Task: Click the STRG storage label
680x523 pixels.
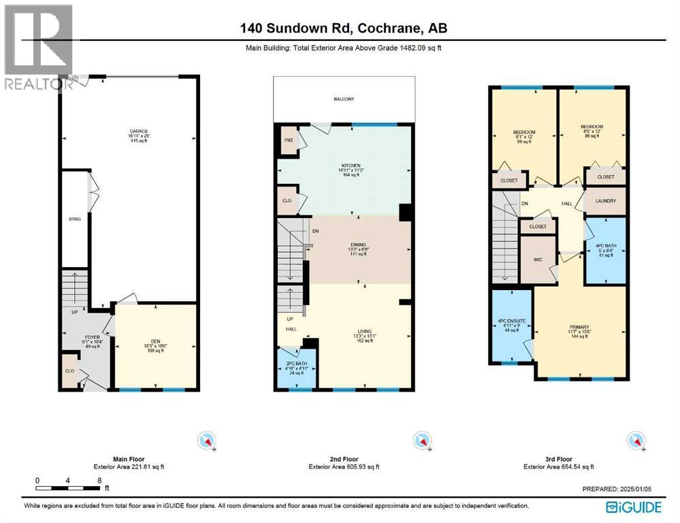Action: pyautogui.click(x=74, y=219)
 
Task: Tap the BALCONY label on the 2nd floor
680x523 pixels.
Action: pyautogui.click(x=344, y=99)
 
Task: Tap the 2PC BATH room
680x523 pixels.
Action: pyautogui.click(x=296, y=364)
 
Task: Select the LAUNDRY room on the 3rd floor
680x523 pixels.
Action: pyautogui.click(x=605, y=201)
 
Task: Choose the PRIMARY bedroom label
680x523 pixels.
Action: pyautogui.click(x=579, y=327)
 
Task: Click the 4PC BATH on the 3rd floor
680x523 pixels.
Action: pyautogui.click(x=605, y=246)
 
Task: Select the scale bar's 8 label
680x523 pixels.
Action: pyautogui.click(x=100, y=480)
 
